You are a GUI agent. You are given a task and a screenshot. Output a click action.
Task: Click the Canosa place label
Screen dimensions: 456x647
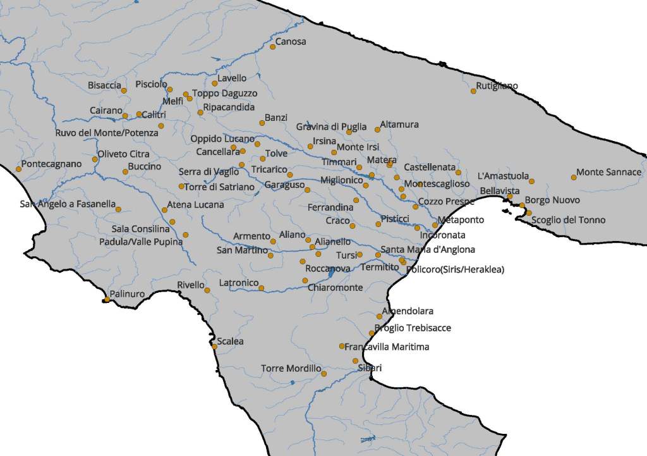click(x=291, y=42)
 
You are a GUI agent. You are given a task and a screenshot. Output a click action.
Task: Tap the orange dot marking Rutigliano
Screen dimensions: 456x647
click(x=473, y=91)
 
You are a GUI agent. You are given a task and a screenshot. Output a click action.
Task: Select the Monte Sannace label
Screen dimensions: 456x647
click(x=608, y=172)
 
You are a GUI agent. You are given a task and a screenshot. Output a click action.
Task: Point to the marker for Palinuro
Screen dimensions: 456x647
click(x=106, y=300)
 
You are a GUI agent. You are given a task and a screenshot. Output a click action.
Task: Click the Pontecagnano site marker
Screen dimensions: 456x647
click(x=18, y=169)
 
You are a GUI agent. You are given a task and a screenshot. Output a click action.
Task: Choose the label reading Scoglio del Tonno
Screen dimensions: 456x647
click(x=568, y=220)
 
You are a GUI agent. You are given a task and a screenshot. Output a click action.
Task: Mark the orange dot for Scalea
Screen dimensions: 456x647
click(x=214, y=346)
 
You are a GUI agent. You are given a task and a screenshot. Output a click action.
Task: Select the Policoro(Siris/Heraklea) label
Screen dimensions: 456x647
click(x=456, y=269)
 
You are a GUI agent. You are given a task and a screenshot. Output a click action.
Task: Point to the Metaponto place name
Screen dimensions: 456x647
click(x=461, y=220)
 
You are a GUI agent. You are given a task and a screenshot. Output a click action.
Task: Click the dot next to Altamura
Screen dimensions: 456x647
click(x=377, y=130)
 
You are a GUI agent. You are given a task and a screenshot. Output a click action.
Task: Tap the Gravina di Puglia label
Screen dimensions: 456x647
click(x=331, y=127)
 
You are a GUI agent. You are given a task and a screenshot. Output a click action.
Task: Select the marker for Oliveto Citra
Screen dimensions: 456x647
click(x=95, y=159)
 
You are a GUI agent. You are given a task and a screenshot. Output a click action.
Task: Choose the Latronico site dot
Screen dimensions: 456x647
click(x=262, y=288)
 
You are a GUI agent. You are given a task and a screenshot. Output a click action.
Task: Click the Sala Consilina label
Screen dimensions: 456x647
click(x=141, y=229)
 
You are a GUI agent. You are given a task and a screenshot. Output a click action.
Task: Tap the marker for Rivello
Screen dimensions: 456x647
click(x=207, y=290)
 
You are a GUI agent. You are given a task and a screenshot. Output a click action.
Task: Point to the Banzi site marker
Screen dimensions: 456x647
click(x=262, y=123)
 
